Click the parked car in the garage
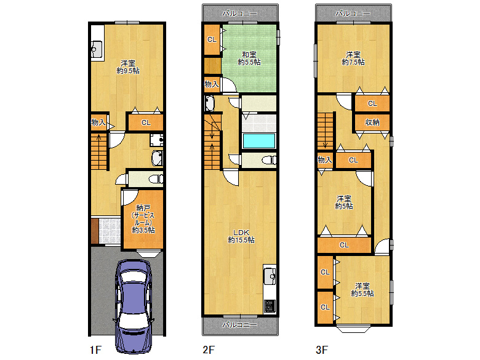tap(133, 306)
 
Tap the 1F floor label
tap(95, 350)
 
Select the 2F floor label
tap(209, 350)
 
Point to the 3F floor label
tap(322, 350)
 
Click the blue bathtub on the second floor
tap(259, 141)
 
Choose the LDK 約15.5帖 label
tap(241, 236)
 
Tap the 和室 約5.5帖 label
tap(249, 58)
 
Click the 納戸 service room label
tap(143, 219)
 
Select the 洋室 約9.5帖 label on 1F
tap(128, 67)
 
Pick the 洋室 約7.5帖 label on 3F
tap(353, 58)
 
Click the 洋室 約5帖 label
tap(344, 202)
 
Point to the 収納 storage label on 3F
tap(372, 122)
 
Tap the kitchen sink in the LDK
tap(270, 276)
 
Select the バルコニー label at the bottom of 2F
tap(240, 324)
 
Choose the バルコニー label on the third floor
tap(353, 13)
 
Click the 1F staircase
tap(99, 151)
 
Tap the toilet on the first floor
tap(156, 179)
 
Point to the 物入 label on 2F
tap(212, 84)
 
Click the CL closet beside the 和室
tap(212, 39)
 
